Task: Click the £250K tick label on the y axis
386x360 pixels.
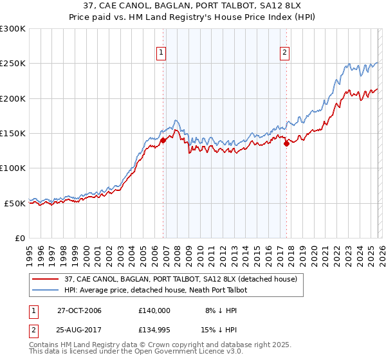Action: [x=13, y=64]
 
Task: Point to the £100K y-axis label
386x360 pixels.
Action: [x=13, y=168]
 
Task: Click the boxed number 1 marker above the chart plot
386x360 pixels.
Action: [x=161, y=53]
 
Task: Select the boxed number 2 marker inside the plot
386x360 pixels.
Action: [x=284, y=53]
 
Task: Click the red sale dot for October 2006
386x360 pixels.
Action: [x=163, y=140]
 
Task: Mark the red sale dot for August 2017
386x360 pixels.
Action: [x=286, y=144]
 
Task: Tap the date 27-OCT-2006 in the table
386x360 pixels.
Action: [x=79, y=310]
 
